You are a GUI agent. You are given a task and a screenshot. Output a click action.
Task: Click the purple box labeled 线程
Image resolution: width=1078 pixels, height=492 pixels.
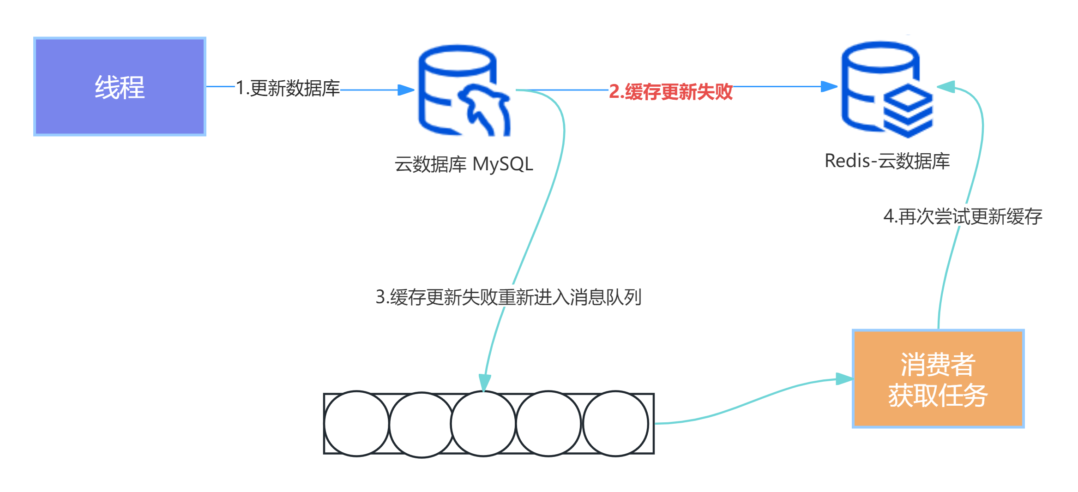point(120,86)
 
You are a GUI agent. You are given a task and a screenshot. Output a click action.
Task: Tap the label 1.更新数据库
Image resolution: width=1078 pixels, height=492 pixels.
point(288,88)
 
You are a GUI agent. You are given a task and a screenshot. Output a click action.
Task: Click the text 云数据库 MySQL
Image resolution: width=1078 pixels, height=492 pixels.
point(464,164)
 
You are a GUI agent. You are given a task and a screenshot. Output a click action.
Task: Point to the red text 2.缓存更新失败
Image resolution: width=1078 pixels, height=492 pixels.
point(670,91)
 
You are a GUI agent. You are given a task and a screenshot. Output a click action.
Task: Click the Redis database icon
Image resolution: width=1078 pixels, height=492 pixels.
point(886,90)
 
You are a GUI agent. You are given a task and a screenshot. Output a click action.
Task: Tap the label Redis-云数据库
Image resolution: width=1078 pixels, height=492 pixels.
point(887,161)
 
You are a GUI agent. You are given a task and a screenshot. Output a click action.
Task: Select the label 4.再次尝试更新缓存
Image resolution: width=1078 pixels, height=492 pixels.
point(963,216)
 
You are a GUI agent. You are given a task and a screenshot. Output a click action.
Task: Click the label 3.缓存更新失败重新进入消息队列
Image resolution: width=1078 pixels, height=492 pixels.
point(508,297)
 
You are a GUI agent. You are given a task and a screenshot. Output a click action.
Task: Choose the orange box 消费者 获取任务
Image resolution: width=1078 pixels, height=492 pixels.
point(938,379)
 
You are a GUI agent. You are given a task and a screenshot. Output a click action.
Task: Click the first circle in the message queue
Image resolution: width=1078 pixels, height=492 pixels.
point(356,424)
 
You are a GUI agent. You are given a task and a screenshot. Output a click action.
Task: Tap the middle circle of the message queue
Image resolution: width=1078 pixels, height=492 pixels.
point(483,424)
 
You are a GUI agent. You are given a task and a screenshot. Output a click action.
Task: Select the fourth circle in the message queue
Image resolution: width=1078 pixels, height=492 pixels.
point(548,424)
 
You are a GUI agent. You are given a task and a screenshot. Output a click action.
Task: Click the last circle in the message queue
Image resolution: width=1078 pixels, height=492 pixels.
point(615,424)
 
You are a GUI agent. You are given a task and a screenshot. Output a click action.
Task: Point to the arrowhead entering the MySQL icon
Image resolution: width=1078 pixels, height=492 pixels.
point(406,90)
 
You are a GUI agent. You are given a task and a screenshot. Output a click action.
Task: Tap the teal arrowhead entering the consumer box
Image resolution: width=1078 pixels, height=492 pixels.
point(844,379)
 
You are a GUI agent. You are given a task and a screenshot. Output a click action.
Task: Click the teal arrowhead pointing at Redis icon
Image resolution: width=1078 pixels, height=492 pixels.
point(946,87)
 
